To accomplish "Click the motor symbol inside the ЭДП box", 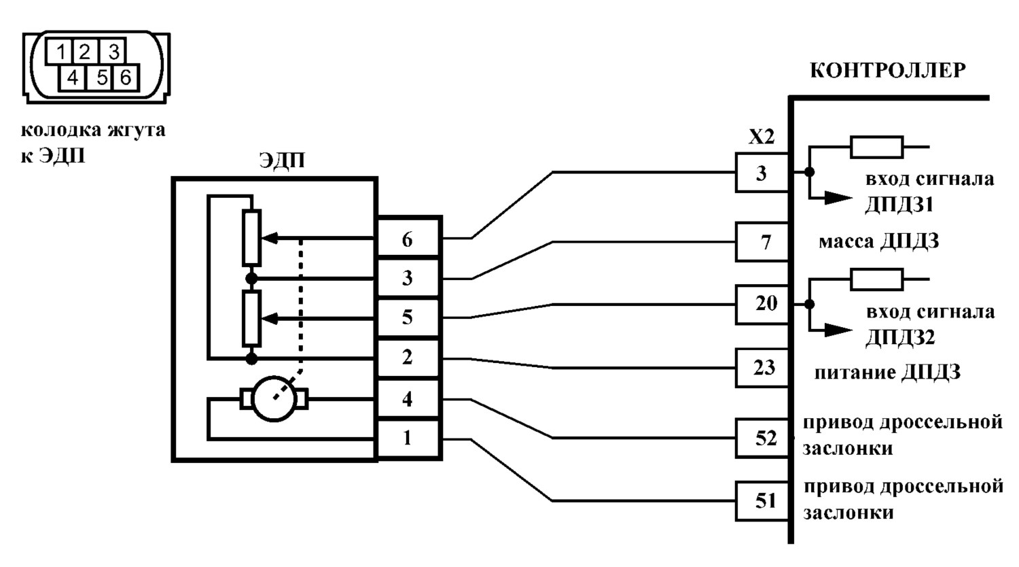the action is tap(274, 399).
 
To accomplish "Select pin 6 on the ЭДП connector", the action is tap(408, 238).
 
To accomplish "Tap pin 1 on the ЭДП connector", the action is tap(408, 438).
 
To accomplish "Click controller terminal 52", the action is tap(762, 438).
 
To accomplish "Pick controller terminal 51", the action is tap(762, 501).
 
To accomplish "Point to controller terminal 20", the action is tap(762, 304).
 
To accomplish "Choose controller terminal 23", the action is tap(762, 368).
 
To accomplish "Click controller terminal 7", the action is tap(762, 242).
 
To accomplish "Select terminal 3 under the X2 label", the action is tap(762, 173).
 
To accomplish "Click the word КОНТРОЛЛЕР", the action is tap(887, 71).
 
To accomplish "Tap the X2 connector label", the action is tap(762, 136).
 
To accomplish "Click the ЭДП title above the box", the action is tap(282, 160).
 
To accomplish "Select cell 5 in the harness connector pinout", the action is tap(102, 78).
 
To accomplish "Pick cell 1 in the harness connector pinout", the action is tap(60, 52).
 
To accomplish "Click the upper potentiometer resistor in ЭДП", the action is tap(251, 238).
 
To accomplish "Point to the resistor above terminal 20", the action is tap(876, 279).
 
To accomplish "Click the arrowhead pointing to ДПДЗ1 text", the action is tap(838, 198).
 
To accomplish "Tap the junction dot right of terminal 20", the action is tap(809, 304).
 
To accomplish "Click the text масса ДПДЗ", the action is tap(879, 241).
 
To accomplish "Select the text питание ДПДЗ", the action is tap(887, 373).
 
